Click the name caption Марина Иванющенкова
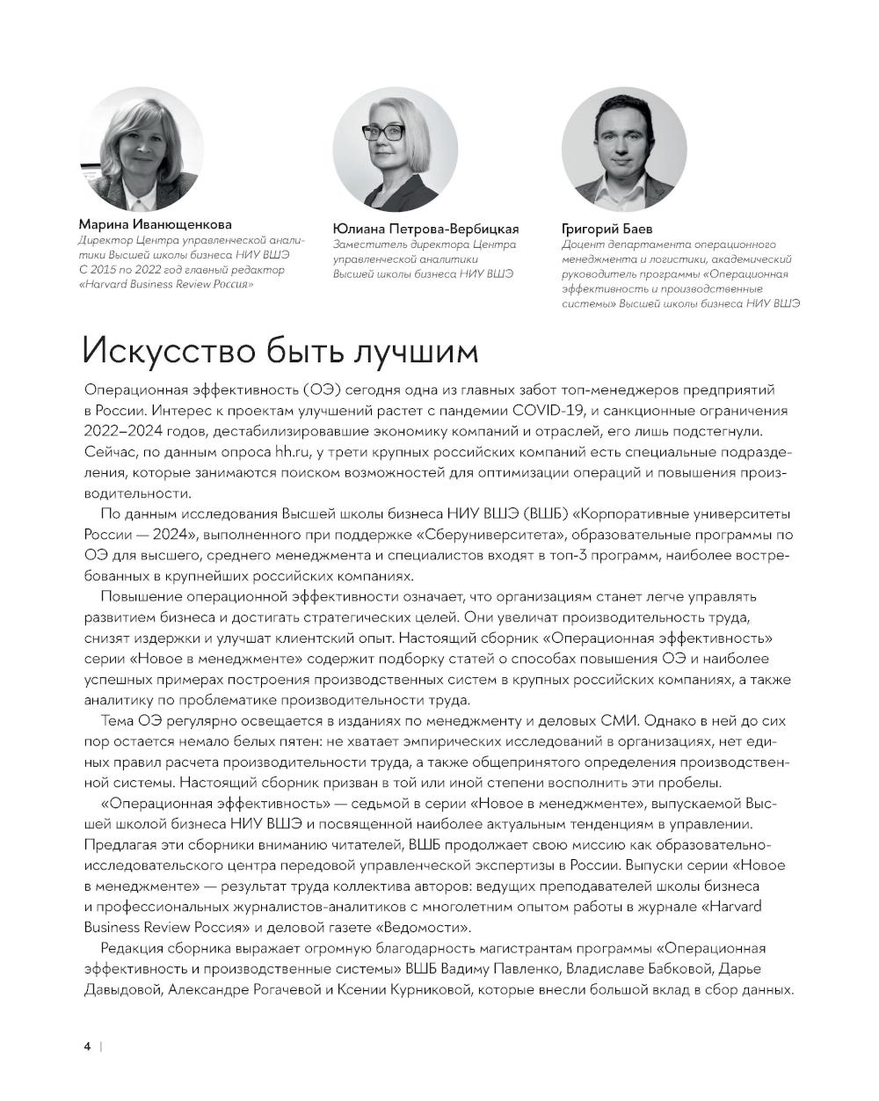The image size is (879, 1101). coord(156,223)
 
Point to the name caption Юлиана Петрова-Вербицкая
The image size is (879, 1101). coord(425,229)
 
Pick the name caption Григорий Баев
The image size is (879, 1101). coord(607,229)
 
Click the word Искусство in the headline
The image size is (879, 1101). coord(162,351)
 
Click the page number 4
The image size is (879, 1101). coord(87,1046)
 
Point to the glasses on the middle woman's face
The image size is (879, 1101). coord(383,133)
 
